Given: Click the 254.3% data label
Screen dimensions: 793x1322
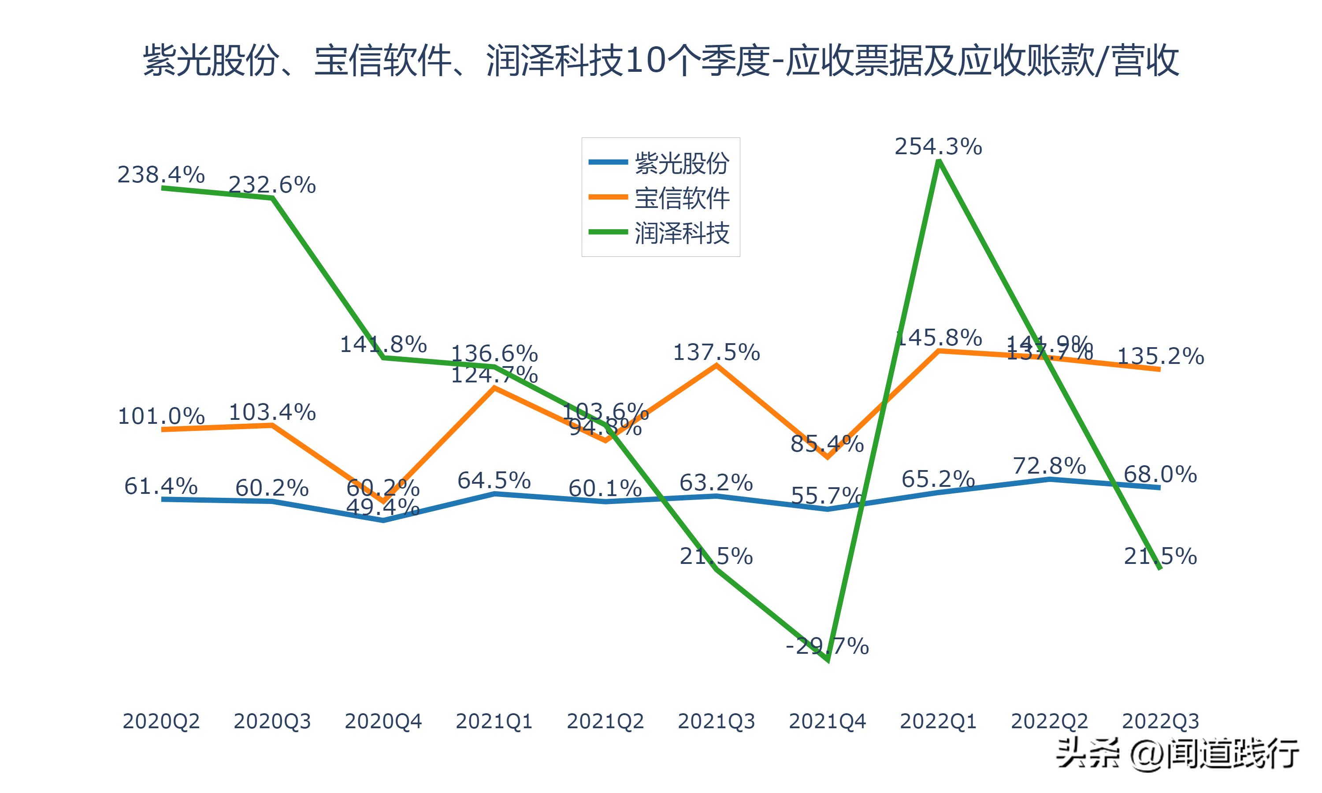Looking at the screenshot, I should (938, 146).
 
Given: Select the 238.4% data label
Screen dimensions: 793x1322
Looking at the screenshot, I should (161, 175).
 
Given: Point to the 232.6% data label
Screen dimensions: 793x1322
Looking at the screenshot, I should (272, 185).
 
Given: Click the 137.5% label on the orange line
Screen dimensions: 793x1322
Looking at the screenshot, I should (716, 353).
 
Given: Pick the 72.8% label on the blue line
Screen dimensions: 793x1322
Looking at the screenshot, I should (1050, 466).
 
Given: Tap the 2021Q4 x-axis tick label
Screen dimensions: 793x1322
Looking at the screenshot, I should (827, 721).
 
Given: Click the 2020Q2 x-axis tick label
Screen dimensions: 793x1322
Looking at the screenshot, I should (161, 721).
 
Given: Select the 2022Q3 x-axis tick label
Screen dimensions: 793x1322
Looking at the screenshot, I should (1160, 721).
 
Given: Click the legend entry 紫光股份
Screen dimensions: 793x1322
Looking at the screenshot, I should (682, 163).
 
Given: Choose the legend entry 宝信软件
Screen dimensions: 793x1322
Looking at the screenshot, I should (682, 198).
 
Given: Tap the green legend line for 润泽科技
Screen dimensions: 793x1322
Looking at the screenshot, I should (608, 232).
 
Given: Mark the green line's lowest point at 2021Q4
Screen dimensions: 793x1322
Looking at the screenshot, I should (828, 660).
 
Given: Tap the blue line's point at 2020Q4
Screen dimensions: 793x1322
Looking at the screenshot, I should (383, 520).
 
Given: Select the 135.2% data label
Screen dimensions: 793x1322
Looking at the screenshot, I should (1161, 356).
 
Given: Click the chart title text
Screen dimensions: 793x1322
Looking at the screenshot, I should (661, 60).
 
